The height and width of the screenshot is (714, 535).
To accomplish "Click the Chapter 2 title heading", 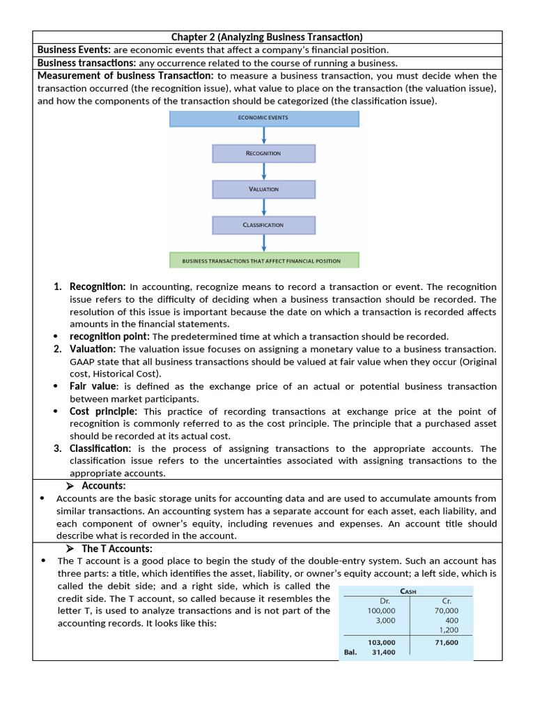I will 267,37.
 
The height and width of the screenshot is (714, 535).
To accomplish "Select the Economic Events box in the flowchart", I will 264,118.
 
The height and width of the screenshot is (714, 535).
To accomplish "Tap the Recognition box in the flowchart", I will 263,153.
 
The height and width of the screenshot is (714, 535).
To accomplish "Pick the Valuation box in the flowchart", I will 263,189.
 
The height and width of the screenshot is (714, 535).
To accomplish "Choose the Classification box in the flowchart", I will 263,225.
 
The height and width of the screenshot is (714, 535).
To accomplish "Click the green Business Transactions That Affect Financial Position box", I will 263,261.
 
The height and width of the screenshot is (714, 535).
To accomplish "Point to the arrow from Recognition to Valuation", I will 263,172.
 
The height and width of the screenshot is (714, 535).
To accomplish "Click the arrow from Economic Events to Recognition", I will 263,135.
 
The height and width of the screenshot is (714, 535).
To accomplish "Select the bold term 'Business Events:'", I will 74,50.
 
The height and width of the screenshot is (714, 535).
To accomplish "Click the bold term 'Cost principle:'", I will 103,411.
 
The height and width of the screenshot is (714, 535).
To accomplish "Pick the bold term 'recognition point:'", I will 109,336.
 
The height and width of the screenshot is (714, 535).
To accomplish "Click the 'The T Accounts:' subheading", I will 116,548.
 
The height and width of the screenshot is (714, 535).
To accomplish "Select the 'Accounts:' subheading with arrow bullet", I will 104,485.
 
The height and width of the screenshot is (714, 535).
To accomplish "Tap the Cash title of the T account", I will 409,592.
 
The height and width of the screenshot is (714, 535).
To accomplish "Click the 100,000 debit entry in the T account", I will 382,611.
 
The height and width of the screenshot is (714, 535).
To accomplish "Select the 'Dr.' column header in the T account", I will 384,601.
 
